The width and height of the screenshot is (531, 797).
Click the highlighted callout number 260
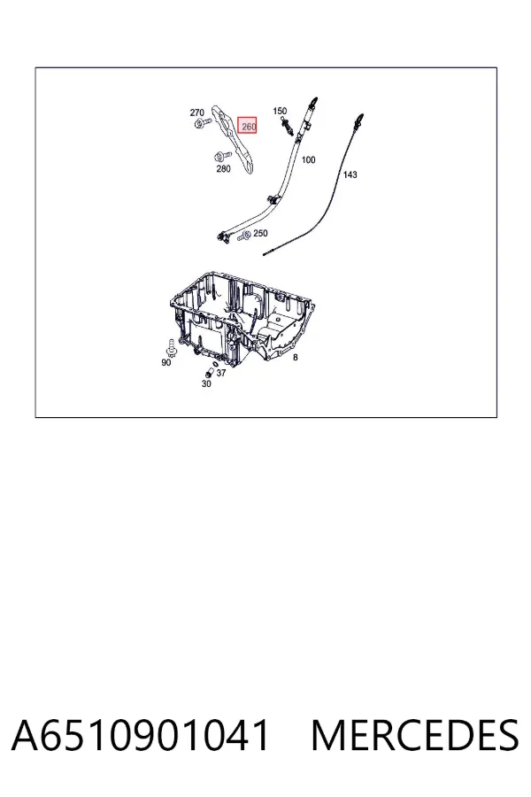248,126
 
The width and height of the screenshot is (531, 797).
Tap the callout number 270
196,112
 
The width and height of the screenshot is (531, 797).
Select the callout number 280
223,169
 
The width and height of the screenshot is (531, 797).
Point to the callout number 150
280,111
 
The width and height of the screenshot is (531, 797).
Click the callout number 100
309,159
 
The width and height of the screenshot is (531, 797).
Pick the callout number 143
350,174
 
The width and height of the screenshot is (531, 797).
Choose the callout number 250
260,233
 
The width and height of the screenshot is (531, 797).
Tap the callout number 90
166,362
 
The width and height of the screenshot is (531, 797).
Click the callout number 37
221,373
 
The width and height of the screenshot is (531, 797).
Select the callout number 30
206,383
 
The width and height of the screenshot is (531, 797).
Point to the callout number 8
296,358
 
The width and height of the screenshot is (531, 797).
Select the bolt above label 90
171,347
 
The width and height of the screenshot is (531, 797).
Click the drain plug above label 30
209,374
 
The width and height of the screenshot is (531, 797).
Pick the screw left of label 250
245,235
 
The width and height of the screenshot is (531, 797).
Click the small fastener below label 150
287,126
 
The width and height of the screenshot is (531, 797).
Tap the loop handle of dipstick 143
359,120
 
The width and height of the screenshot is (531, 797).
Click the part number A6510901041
140,735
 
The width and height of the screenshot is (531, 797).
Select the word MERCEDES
415,735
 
